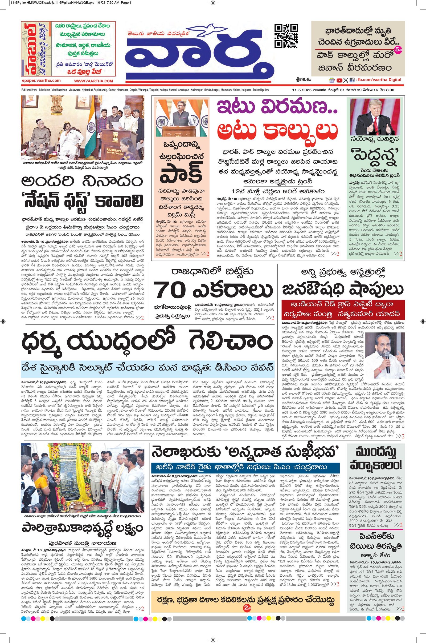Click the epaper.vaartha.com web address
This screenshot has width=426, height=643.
[x=41, y=81]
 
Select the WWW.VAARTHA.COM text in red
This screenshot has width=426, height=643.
[x=93, y=81]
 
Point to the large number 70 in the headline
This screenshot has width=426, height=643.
[x=170, y=291]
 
